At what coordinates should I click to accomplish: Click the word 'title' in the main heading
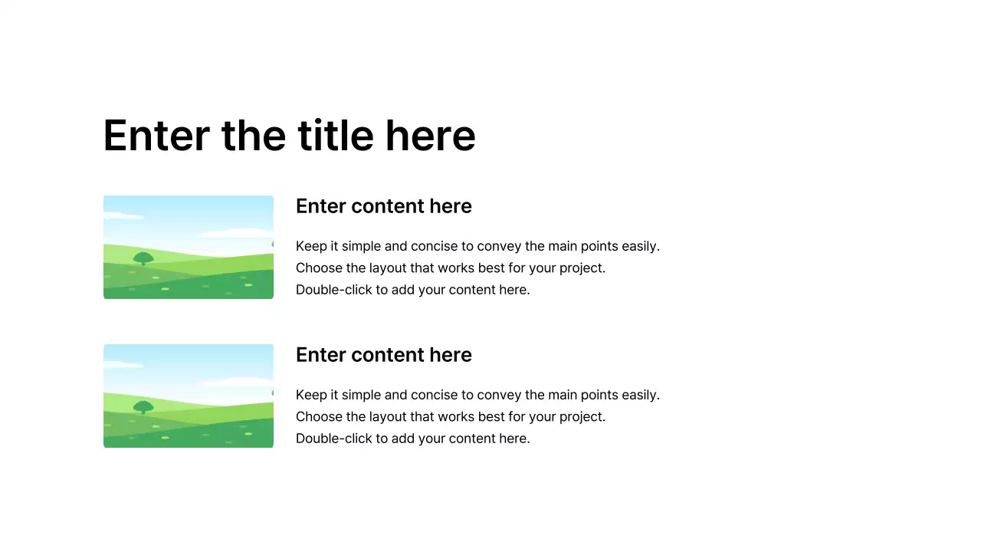tap(335, 136)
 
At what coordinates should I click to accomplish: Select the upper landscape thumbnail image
tap(189, 247)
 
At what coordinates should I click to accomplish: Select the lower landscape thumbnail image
tap(189, 396)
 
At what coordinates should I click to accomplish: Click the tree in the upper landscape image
tap(143, 258)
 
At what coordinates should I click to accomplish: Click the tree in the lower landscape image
tap(143, 407)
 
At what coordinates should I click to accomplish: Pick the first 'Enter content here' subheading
tap(383, 206)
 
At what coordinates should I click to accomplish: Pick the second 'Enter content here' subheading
tap(383, 355)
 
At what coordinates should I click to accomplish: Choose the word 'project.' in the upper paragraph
tap(581, 268)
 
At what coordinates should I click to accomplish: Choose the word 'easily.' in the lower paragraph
tap(639, 395)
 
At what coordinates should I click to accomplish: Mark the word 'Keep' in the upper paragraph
tap(310, 246)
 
